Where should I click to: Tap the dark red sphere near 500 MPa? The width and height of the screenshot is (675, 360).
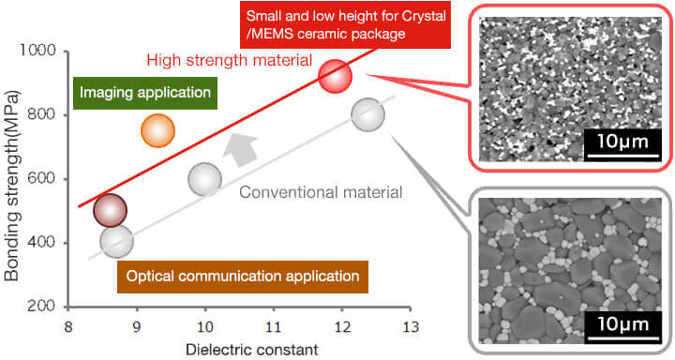(x=111, y=211)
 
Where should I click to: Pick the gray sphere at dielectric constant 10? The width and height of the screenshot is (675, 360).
(x=205, y=179)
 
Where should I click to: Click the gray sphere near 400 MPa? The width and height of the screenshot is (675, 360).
(x=115, y=242)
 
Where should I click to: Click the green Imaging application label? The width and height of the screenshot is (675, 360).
(x=145, y=93)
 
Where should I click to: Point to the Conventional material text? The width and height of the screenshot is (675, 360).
(x=322, y=193)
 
